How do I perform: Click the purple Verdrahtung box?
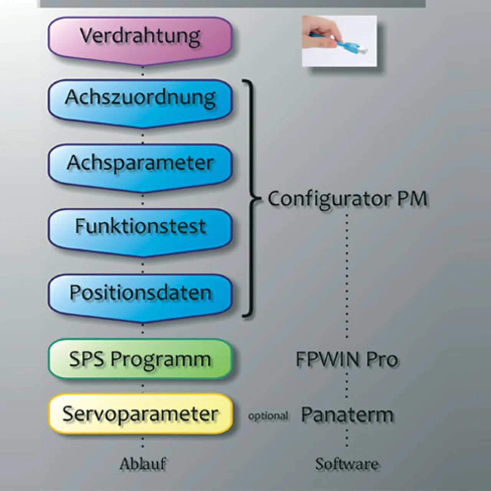(x=140, y=37)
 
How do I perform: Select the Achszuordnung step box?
(x=140, y=98)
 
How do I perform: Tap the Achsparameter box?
(x=140, y=163)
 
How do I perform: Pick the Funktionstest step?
(x=140, y=227)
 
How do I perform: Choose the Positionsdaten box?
(x=140, y=293)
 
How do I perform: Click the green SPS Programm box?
(x=140, y=359)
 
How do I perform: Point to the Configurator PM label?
(x=347, y=199)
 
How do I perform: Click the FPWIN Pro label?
(x=347, y=359)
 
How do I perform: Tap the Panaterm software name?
(x=347, y=415)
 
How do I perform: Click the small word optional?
(x=268, y=416)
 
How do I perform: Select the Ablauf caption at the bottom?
(x=143, y=464)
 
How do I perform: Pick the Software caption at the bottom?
(x=347, y=464)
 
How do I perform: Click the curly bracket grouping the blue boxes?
(x=251, y=199)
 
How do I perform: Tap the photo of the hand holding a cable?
(x=339, y=41)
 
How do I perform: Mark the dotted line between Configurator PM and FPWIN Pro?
(x=347, y=276)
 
